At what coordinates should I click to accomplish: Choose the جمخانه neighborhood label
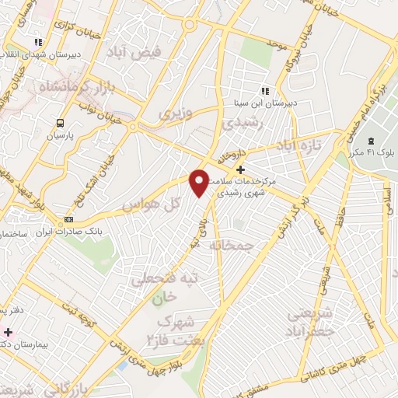232,245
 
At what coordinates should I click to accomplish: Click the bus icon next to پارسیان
61,122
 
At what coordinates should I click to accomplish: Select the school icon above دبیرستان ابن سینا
265,89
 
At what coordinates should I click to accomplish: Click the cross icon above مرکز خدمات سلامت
240,169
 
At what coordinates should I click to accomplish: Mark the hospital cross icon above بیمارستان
8,332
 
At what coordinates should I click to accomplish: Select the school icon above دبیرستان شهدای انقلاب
37,43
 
